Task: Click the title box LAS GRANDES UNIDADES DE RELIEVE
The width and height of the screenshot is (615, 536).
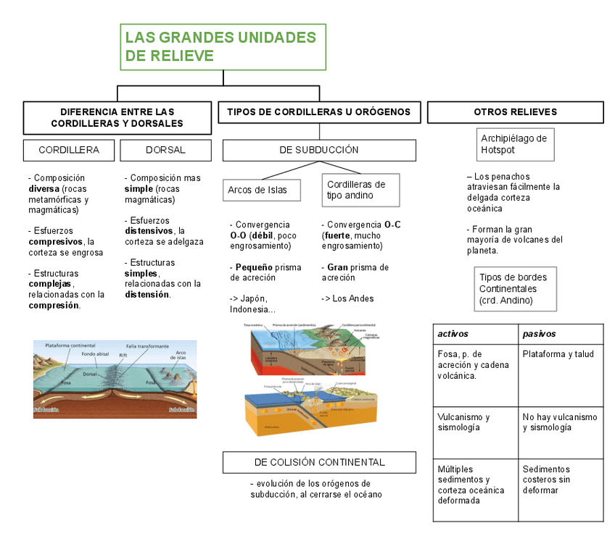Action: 223,46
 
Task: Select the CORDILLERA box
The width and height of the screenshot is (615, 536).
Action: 69,150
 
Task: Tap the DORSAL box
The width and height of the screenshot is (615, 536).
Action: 165,150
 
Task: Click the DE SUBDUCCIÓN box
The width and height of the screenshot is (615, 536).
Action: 319,150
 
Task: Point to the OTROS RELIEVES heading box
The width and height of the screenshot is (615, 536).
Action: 515,112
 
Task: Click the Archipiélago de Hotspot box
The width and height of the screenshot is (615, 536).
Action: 515,144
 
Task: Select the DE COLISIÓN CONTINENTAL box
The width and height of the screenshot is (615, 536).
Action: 319,462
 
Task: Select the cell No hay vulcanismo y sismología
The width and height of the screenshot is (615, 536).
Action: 560,422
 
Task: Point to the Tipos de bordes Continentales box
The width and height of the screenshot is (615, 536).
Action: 515,288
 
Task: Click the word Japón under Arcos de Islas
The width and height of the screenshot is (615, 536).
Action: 256,298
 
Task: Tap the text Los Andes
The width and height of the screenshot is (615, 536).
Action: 343,298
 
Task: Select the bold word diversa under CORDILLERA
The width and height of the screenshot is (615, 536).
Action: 44,188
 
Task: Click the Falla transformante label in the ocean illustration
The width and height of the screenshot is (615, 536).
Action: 147,346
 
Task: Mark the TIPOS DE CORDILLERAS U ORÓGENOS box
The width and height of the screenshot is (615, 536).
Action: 319,112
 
